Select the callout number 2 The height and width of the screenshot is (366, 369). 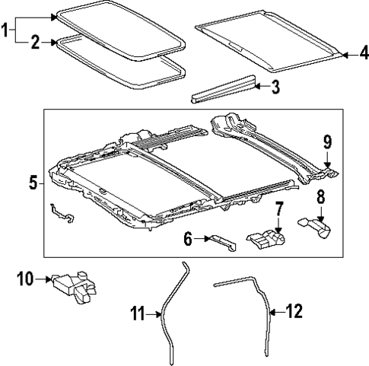click(35, 44)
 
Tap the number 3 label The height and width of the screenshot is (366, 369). click(275, 87)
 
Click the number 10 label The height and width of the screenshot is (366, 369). click(25, 278)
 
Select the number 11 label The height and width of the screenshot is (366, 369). click(137, 312)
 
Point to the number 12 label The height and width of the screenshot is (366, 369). click(293, 310)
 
